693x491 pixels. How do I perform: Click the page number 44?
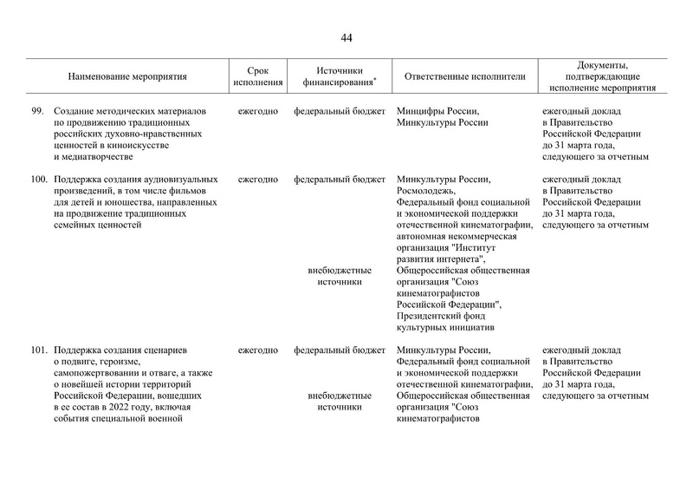coord(346,37)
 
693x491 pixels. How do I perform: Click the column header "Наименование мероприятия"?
coord(127,76)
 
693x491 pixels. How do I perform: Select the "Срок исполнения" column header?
coord(258,76)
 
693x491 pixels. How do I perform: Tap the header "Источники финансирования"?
coord(339,76)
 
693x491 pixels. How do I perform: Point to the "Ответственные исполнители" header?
coord(464,76)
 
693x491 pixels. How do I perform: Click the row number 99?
coord(36,112)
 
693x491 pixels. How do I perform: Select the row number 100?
coord(36,180)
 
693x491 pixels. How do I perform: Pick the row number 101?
coord(36,350)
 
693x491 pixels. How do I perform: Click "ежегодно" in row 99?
coord(258,112)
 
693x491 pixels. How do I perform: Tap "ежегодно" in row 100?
coord(258,180)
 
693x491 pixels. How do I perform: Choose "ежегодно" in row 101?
coord(258,350)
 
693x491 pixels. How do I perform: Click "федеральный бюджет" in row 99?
coord(339,112)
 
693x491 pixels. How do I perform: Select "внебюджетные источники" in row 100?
coord(339,277)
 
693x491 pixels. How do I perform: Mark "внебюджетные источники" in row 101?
coord(339,402)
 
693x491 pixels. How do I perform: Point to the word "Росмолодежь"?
coord(425,191)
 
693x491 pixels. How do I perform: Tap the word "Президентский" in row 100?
coord(431,317)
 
